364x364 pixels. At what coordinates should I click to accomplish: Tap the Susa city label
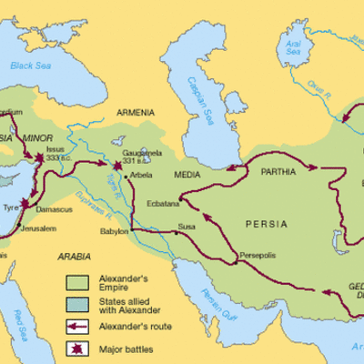tap(187, 224)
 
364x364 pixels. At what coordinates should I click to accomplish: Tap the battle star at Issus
tap(40, 159)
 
